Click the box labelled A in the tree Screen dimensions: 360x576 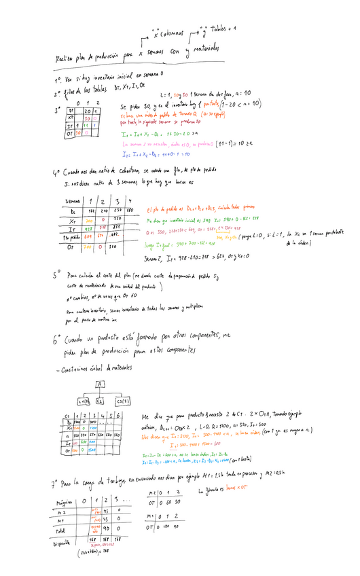coord(99,383)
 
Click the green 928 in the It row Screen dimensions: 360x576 coord(89,229)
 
